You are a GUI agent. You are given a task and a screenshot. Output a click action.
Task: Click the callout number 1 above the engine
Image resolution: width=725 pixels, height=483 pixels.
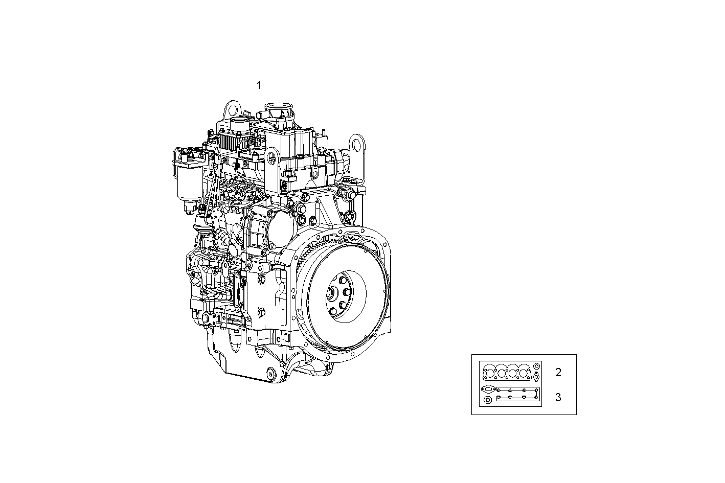coord(259,85)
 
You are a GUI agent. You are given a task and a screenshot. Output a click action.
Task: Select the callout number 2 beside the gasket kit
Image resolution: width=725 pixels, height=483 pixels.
coord(558,373)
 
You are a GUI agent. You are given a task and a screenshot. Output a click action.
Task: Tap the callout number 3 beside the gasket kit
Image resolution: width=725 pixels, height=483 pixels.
coord(558,397)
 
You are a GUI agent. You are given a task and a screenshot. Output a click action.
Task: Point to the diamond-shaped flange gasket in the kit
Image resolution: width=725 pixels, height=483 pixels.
coord(488,389)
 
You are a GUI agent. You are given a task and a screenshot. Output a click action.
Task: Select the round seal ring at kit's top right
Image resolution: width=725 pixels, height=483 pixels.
coord(536,366)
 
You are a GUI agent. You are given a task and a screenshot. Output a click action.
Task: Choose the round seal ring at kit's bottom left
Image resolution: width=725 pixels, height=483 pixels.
coord(488,400)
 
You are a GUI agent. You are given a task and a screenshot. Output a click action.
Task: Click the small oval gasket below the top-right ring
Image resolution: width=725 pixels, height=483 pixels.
coord(536,377)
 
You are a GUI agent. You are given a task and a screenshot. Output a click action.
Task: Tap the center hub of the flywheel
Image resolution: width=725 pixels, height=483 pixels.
coord(338,295)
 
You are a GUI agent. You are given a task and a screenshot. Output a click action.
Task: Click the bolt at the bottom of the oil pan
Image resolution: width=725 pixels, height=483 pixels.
coord(270,373)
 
